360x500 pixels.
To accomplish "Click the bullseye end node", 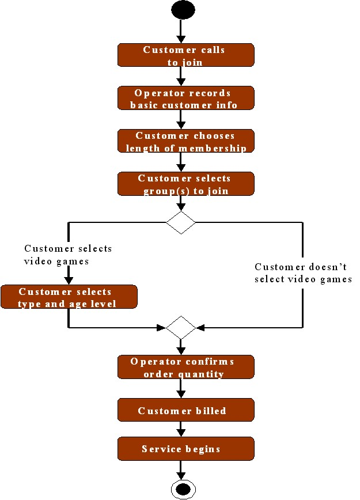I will click(183, 490).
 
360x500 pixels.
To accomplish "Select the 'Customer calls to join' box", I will click(185, 55).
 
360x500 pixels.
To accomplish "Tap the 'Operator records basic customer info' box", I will click(185, 99).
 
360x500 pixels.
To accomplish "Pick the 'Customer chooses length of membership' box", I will click(185, 141).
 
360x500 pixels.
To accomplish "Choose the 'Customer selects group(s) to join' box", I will click(185, 184).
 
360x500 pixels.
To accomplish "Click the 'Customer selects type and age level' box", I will click(69, 297).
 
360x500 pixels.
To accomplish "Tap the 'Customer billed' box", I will click(185, 411).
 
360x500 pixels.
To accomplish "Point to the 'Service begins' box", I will click(185, 449).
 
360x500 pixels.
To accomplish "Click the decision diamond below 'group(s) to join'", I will click(181, 222).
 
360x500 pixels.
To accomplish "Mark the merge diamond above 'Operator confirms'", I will click(181, 328).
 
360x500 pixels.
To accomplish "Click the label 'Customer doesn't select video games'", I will click(303, 273).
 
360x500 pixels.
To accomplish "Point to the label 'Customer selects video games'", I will click(68, 254).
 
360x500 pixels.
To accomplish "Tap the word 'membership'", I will click(219, 148).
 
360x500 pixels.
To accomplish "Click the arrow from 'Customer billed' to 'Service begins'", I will click(181, 429).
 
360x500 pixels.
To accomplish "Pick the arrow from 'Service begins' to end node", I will click(181, 470).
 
